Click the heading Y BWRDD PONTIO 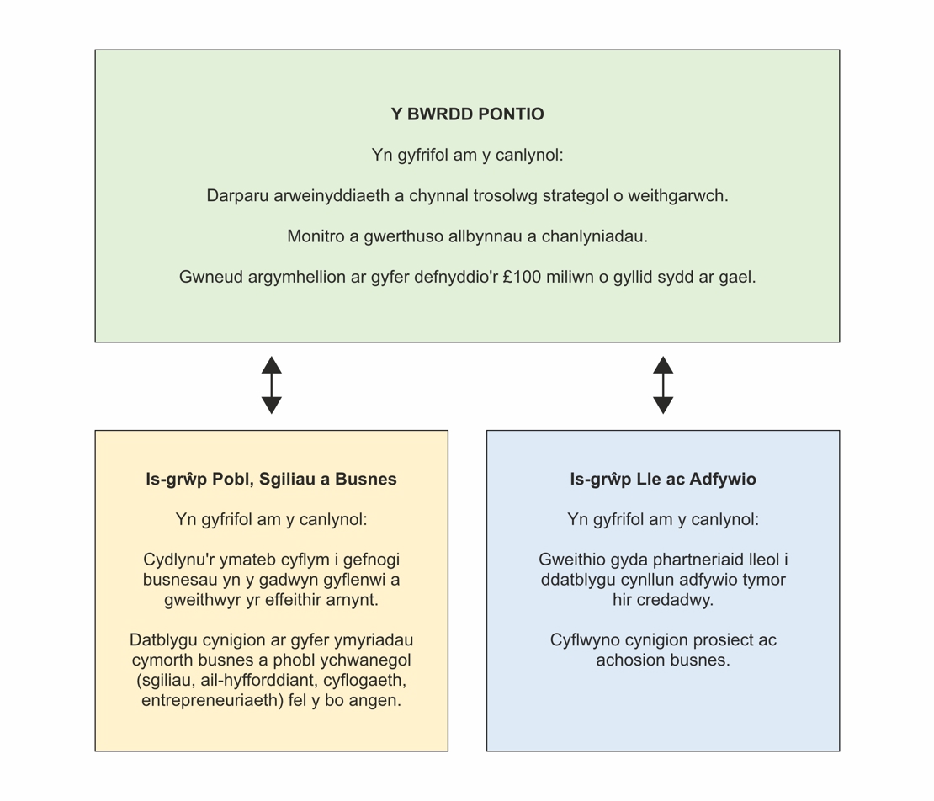(467, 114)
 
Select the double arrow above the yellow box (271, 385)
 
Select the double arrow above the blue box (663, 385)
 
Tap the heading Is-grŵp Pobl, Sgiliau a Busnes (271, 480)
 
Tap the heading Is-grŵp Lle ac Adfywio (663, 480)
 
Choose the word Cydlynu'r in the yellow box (178, 560)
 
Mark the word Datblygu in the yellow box (164, 640)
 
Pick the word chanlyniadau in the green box (594, 236)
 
